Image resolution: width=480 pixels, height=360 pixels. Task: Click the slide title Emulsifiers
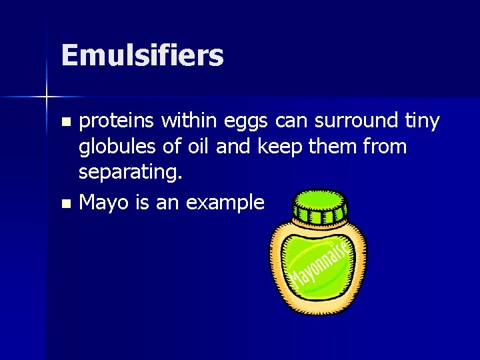[142, 55]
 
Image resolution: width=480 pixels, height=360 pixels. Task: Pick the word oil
[199, 146]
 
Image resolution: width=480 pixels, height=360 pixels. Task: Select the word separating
[131, 172]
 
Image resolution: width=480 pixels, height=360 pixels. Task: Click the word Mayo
[104, 203]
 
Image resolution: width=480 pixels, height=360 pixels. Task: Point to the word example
[225, 203]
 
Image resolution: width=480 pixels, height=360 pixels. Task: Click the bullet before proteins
[65, 122]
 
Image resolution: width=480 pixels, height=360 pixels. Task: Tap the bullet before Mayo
[65, 203]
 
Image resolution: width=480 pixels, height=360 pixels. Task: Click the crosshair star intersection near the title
[47, 97]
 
